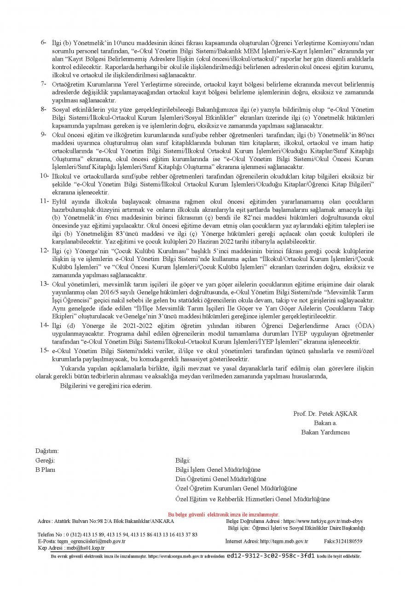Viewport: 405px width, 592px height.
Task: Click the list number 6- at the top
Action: tap(44, 43)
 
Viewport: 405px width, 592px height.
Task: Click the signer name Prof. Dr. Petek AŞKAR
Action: tap(325, 413)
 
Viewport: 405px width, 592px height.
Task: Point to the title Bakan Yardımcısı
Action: tap(325, 432)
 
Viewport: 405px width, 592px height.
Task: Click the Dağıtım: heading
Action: tap(47, 451)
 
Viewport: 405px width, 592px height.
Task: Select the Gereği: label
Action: tap(45, 460)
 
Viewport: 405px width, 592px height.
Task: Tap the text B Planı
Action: tap(45, 470)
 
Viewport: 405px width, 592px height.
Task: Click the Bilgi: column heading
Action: tap(183, 460)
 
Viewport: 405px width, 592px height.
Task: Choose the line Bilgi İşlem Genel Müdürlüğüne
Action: tap(218, 470)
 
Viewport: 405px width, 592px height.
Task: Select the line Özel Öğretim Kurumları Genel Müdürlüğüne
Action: tap(236, 488)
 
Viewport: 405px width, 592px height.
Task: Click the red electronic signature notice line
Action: tap(224, 515)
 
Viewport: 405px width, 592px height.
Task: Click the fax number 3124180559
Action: tap(349, 541)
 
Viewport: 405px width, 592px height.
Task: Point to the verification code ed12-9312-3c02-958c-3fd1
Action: tap(271, 556)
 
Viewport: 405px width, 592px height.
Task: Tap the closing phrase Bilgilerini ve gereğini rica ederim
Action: tap(106, 386)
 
